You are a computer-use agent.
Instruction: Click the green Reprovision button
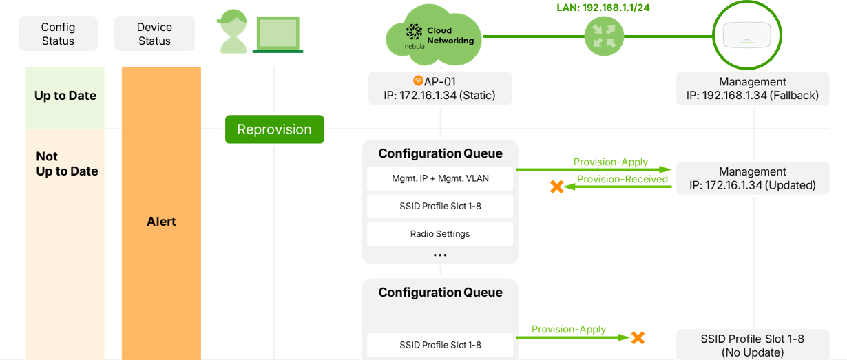click(x=274, y=129)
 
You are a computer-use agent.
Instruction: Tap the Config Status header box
click(x=58, y=34)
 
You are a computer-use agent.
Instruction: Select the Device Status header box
click(x=154, y=34)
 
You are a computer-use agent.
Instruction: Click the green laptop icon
click(x=279, y=34)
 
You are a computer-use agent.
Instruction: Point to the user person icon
click(x=233, y=33)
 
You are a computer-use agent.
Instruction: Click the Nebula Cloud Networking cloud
click(x=433, y=36)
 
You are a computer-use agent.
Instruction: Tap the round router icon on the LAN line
click(x=604, y=36)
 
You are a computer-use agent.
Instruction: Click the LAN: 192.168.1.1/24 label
click(x=603, y=8)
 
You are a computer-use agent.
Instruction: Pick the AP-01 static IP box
click(x=440, y=88)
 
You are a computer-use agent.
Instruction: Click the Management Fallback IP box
click(x=753, y=88)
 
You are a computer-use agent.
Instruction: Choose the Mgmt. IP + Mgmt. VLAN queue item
click(x=440, y=178)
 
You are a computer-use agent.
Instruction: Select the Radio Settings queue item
click(x=440, y=233)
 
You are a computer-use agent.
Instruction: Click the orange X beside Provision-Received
click(x=556, y=186)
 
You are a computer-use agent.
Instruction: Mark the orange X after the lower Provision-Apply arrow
click(x=638, y=337)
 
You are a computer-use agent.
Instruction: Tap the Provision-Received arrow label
click(x=622, y=179)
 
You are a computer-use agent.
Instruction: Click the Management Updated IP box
click(x=753, y=178)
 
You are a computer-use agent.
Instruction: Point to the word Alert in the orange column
click(x=161, y=222)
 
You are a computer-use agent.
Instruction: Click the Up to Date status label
click(x=65, y=96)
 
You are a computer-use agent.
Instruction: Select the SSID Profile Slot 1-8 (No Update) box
click(x=753, y=345)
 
